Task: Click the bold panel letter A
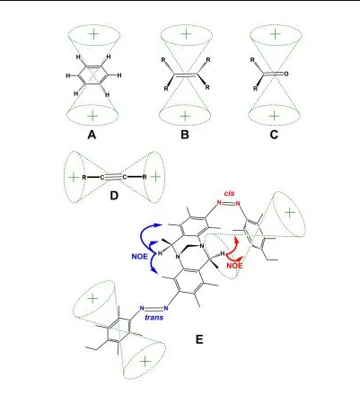click(92, 135)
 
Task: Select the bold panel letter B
click(185, 135)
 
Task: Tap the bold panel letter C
click(274, 135)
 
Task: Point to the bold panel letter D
click(114, 196)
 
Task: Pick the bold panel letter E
click(199, 339)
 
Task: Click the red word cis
click(230, 194)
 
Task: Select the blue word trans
click(154, 317)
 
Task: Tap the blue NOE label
click(139, 257)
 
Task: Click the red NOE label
click(234, 265)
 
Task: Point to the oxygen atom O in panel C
click(286, 74)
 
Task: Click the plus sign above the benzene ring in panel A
click(93, 34)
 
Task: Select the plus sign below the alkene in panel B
click(186, 115)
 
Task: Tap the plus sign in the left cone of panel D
click(74, 177)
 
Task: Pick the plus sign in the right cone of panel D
click(155, 177)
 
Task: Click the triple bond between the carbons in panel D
click(113, 177)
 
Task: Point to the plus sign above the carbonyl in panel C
click(275, 34)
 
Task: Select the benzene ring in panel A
click(93, 75)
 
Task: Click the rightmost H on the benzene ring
click(119, 75)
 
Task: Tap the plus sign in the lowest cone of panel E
click(145, 362)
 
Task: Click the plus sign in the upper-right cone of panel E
click(289, 213)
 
